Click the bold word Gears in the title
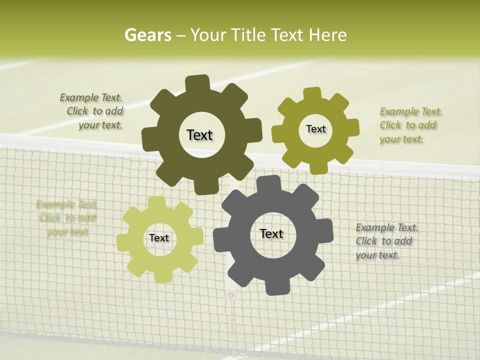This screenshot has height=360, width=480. pyautogui.click(x=147, y=35)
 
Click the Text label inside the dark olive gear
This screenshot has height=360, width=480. pyautogui.click(x=199, y=135)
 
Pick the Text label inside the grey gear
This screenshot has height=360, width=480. pyautogui.click(x=271, y=233)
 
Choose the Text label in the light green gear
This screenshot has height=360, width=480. pyautogui.click(x=159, y=238)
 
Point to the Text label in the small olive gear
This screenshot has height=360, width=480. pyautogui.click(x=315, y=129)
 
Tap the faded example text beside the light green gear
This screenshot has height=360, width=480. pyautogui.click(x=66, y=217)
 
